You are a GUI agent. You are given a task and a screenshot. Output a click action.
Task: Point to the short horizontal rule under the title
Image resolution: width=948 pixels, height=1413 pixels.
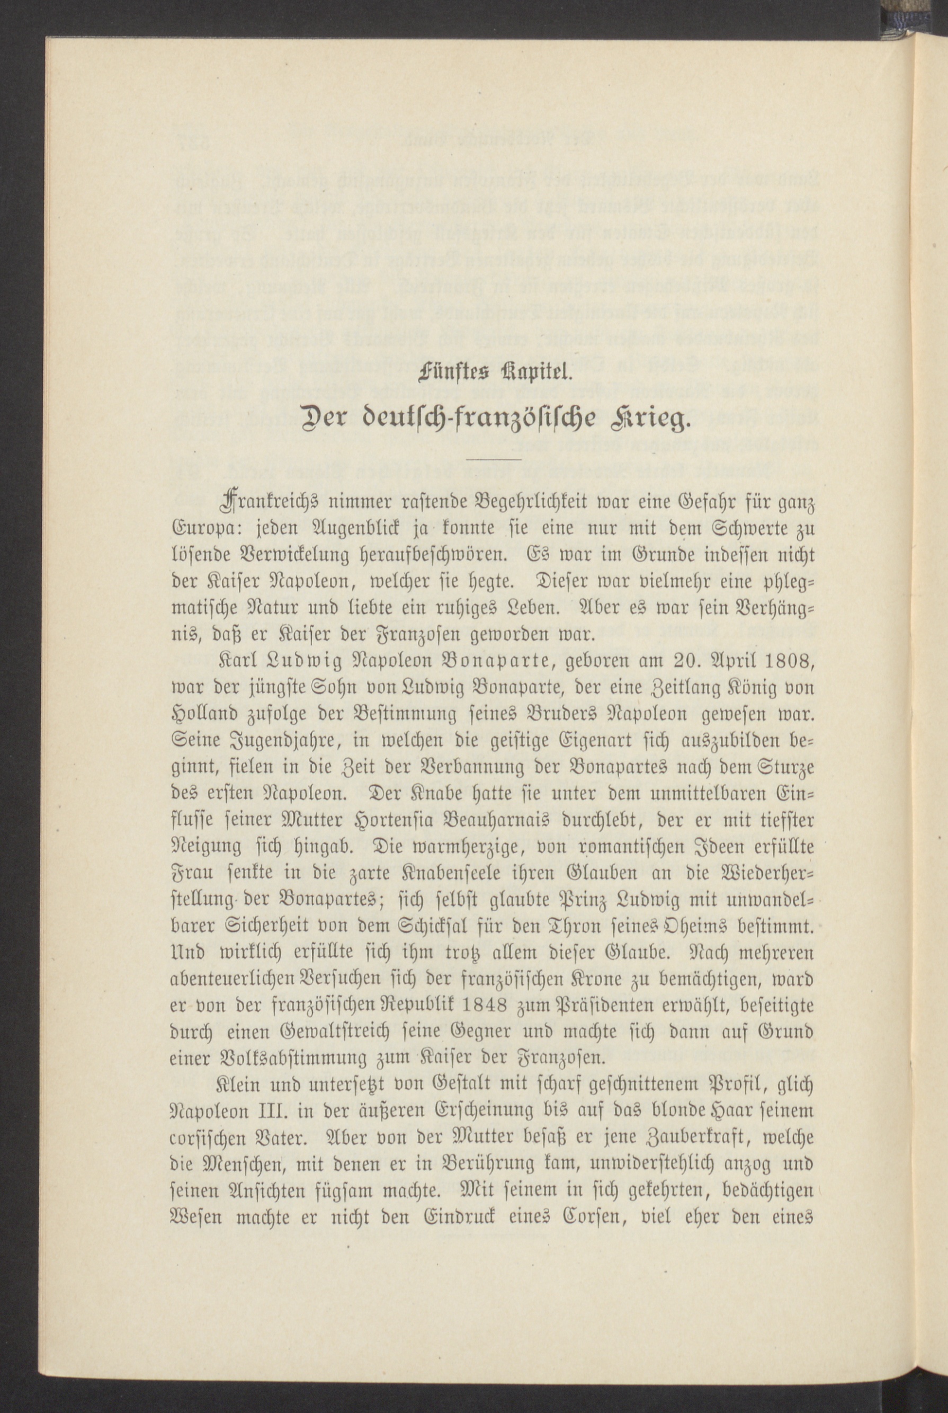point(494,460)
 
